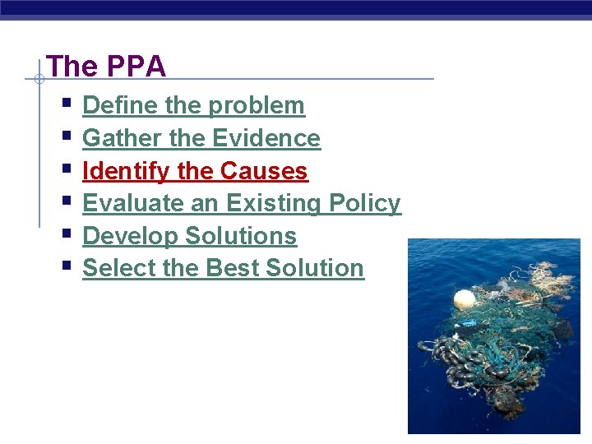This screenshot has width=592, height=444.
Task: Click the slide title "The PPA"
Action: pos(106,67)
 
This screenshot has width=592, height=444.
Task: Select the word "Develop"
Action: pos(131,236)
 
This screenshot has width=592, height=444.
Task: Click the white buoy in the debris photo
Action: pos(464,299)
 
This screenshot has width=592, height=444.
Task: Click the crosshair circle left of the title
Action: pos(39,80)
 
